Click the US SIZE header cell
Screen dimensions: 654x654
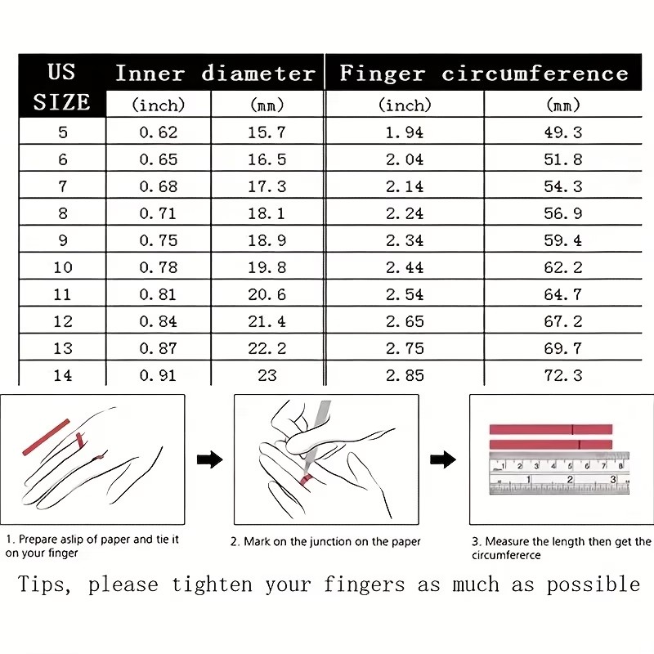62,87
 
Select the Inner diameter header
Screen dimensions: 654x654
215,74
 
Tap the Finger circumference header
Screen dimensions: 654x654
484,74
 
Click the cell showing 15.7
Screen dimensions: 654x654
267,132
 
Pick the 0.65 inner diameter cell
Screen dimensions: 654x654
159,159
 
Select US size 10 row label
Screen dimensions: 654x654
63,267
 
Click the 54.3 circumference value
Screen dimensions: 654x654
563,186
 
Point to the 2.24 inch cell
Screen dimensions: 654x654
405,213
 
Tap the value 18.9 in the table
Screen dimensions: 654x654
267,240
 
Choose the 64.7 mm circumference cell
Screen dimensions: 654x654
563,294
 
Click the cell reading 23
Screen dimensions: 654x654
267,375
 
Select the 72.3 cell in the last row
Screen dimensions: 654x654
563,375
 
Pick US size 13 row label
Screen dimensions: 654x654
63,348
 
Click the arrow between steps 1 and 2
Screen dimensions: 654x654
210,459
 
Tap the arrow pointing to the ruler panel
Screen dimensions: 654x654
443,459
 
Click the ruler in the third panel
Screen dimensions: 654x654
559,473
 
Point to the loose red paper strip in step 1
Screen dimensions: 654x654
46,437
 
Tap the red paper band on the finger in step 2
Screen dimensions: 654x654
307,480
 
